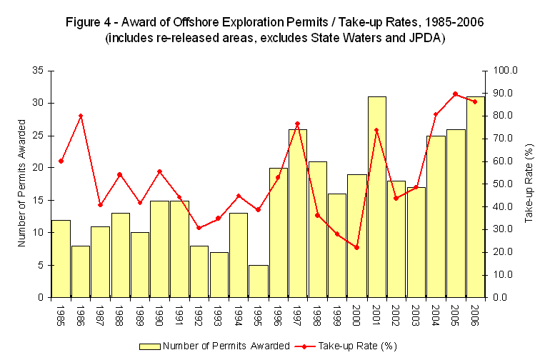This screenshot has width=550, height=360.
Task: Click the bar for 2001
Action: click(x=377, y=196)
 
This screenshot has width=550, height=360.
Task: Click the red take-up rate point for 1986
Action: click(x=81, y=116)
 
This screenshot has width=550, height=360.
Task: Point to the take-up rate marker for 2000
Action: click(x=357, y=247)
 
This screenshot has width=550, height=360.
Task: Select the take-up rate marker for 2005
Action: click(x=456, y=94)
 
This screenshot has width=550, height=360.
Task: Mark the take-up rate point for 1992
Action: click(x=199, y=228)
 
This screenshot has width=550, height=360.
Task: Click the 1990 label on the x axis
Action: click(x=160, y=315)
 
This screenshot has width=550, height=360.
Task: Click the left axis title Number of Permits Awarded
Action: click(x=21, y=184)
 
